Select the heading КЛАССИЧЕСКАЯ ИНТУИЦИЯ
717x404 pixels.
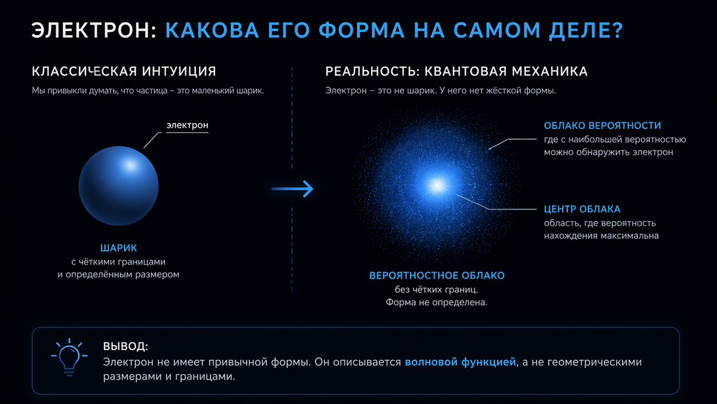tap(124, 72)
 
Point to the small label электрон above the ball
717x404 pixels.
tap(187, 126)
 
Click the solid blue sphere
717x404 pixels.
tap(119, 186)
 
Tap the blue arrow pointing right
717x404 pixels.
tap(292, 189)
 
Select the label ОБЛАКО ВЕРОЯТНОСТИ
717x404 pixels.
tap(602, 126)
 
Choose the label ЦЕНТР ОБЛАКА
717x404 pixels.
tap(582, 209)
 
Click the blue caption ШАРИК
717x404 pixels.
tap(118, 247)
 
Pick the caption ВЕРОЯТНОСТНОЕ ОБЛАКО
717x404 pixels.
tap(437, 276)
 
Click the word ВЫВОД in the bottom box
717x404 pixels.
tap(125, 347)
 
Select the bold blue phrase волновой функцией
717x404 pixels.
tap(459, 362)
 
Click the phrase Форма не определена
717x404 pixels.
tap(437, 303)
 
